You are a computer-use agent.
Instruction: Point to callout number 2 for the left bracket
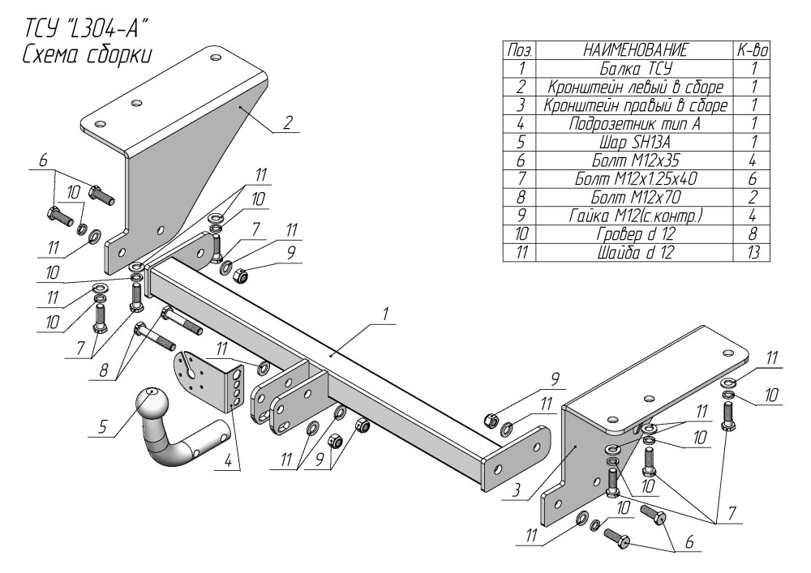[288, 123]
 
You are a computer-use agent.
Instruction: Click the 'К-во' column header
[753, 50]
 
